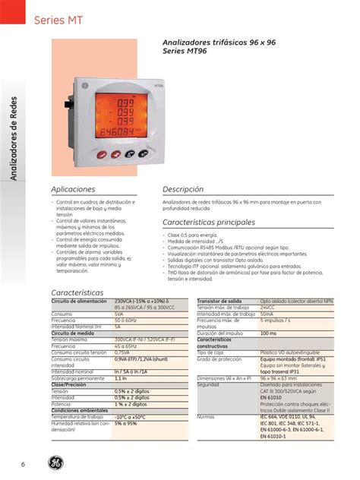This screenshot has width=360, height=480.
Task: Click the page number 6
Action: (x=23, y=464)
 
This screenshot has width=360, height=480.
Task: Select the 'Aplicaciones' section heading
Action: (x=73, y=188)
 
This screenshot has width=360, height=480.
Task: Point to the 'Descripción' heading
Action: (x=184, y=188)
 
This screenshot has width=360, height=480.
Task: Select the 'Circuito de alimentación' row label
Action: (x=79, y=302)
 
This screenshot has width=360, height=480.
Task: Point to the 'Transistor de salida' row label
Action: (x=219, y=302)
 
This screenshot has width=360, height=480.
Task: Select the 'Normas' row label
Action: (x=206, y=417)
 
